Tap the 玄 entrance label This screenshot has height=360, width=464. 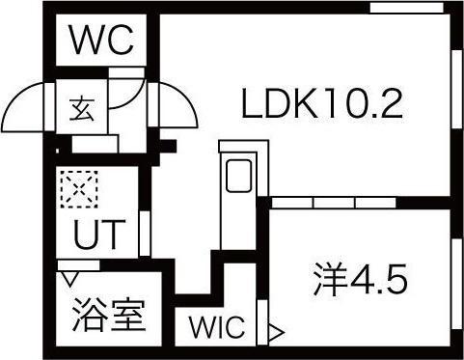[x=78, y=108]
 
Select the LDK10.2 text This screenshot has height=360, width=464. [x=320, y=102]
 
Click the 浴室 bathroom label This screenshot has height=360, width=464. [x=109, y=316]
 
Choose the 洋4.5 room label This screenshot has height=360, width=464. [x=361, y=279]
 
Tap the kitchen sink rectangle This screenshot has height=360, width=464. [x=237, y=178]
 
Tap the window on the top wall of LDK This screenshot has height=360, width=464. [x=399, y=10]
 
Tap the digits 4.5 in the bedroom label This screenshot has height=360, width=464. [x=378, y=279]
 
